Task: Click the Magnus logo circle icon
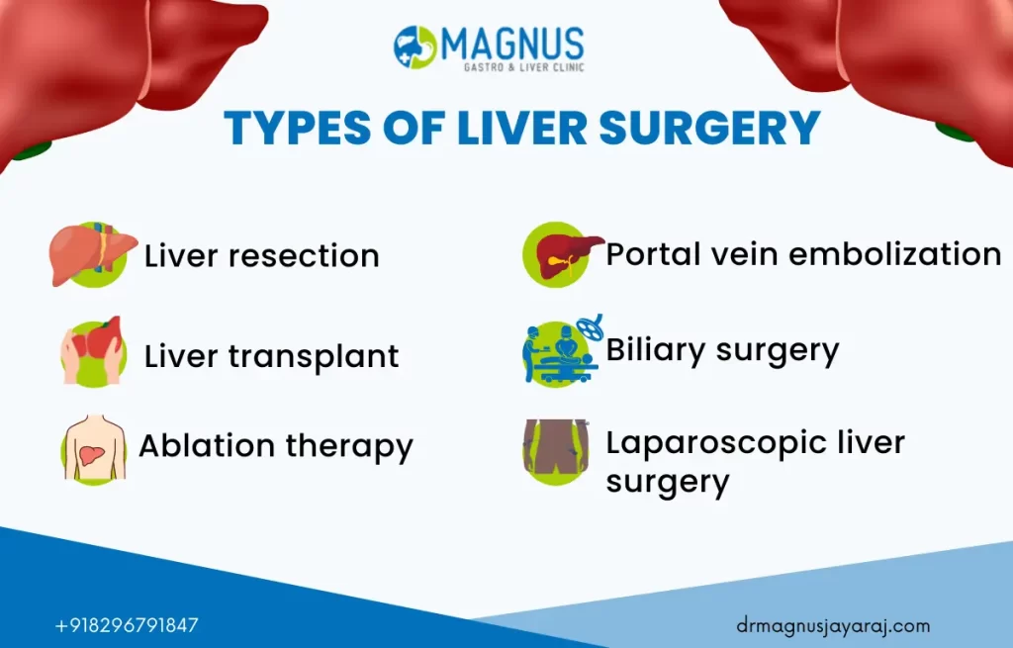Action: coord(415,46)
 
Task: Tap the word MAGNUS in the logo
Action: coord(513,44)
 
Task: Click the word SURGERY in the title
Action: coord(710,128)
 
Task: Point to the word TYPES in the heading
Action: coord(297,128)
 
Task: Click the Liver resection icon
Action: coord(93,254)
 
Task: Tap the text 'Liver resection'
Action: coord(261,256)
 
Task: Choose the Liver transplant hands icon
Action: coord(93,351)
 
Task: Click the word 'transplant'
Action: coord(314,356)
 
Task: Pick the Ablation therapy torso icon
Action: coord(94,448)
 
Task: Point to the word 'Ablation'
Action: coord(207,445)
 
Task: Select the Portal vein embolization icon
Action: coord(562,254)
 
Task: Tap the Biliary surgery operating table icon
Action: coord(562,350)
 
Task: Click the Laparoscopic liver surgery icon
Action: coord(556,451)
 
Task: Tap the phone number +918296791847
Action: coord(127,625)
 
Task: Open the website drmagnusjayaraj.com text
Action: coord(833,626)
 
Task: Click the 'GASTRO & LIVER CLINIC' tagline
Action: coord(524,67)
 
